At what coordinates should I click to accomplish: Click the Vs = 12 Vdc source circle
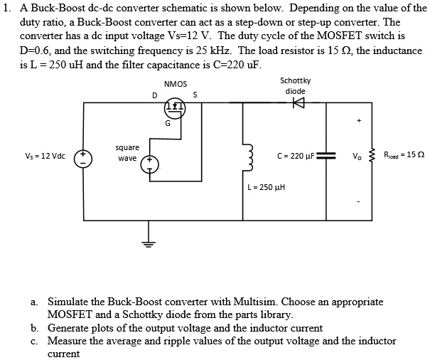point(84,157)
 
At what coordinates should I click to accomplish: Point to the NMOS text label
point(175,84)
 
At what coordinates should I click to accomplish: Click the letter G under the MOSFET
point(168,124)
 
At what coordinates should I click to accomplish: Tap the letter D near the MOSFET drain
point(154,95)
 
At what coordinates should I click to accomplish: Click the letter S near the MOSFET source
point(195,95)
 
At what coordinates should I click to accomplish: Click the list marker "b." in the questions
point(34,328)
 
